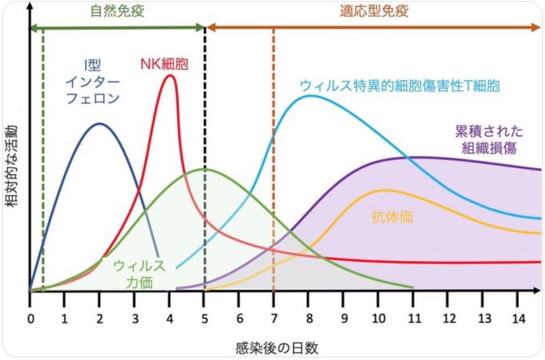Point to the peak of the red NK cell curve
(170, 75)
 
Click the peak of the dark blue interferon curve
(99, 124)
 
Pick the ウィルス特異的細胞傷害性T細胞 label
(399, 86)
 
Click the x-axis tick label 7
(274, 316)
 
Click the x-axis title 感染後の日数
(277, 347)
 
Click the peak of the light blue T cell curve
(310, 96)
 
